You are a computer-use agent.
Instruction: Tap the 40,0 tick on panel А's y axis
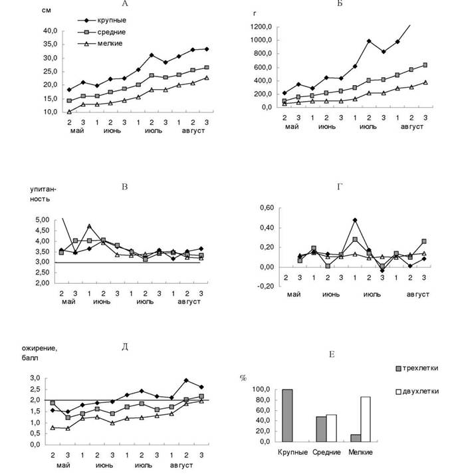click(x=51, y=31)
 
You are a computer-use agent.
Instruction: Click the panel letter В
click(x=124, y=187)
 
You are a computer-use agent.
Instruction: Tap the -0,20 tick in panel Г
click(x=266, y=287)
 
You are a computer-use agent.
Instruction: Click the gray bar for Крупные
click(x=288, y=416)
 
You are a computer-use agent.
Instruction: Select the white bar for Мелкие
click(x=365, y=419)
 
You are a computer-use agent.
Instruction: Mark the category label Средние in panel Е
click(x=326, y=453)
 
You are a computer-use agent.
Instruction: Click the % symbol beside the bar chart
click(x=243, y=378)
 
